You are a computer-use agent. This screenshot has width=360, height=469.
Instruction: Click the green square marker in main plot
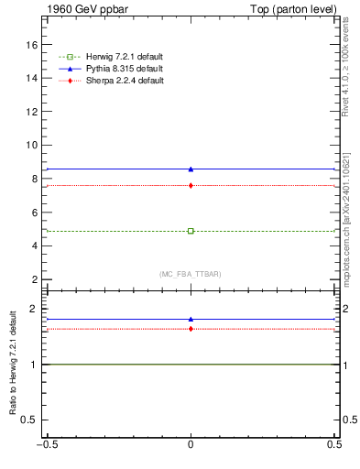tap(191, 231)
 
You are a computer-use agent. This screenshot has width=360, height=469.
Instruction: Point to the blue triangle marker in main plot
tap(191, 169)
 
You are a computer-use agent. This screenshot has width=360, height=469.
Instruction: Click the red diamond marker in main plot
tap(191, 186)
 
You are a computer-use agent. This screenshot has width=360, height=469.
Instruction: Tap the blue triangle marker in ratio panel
tap(191, 320)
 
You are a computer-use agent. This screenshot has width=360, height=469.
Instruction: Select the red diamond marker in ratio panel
tap(191, 329)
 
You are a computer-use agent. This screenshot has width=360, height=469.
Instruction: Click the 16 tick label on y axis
tap(31, 44)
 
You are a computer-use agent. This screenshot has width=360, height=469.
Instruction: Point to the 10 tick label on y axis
tap(31, 145)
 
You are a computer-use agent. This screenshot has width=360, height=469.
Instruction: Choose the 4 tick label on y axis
tap(34, 245)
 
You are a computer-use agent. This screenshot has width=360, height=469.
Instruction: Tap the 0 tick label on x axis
tap(191, 458)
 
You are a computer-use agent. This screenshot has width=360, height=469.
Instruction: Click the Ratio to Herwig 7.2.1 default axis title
tap(13, 366)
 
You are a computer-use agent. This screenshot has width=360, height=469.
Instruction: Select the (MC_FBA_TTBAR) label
tap(191, 274)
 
